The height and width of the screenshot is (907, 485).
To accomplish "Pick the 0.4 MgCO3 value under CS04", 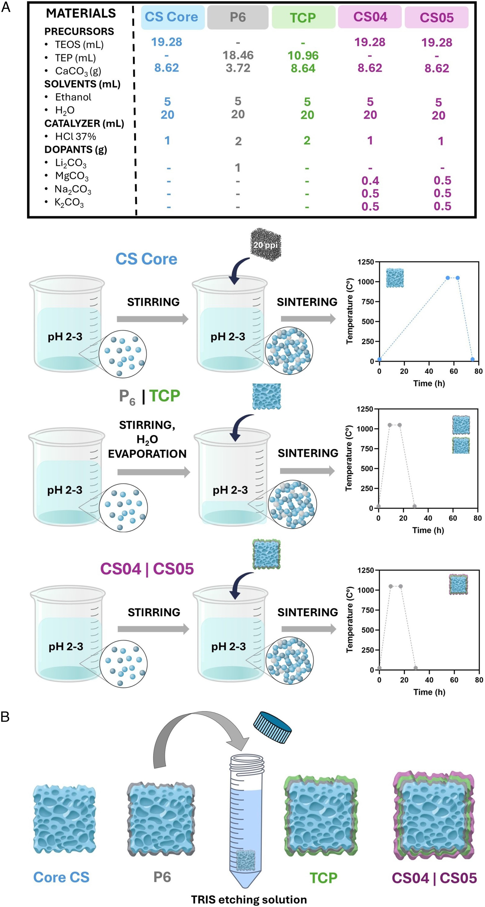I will click(370, 181).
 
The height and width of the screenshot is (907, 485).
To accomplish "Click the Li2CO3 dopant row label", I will click(70, 163).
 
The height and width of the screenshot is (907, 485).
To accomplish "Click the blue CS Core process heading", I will click(146, 259).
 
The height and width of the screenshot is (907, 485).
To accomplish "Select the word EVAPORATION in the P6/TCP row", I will click(147, 454).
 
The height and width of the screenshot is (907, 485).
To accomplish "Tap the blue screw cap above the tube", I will click(272, 727).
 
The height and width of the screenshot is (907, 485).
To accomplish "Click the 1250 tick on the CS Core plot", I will click(366, 262).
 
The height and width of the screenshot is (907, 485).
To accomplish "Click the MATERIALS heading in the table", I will click(81, 13).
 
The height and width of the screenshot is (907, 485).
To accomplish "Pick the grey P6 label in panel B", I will click(162, 877).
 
